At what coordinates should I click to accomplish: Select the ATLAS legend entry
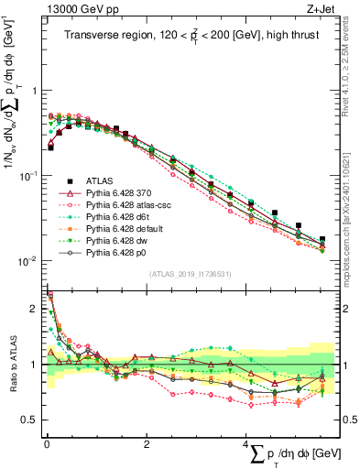point(100,180)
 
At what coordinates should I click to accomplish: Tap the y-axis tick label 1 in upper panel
point(37,91)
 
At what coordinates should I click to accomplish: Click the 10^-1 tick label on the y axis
point(29,175)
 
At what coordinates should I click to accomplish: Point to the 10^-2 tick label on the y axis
point(29,260)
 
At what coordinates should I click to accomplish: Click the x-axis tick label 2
point(147,443)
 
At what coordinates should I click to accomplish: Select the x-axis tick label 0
point(47,443)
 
